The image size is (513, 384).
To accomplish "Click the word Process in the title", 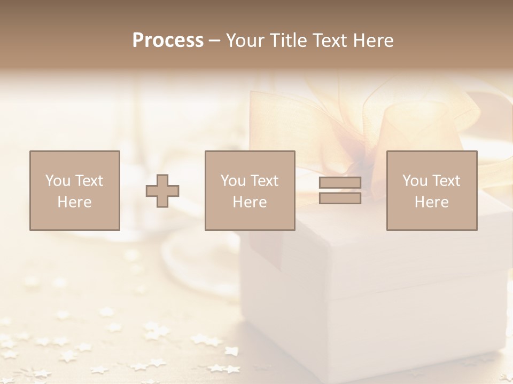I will pyautogui.click(x=168, y=40).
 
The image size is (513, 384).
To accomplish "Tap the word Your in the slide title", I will pyautogui.click(x=244, y=40).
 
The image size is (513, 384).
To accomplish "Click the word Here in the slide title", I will pyautogui.click(x=373, y=40).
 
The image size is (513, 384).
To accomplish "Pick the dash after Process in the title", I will pyautogui.click(x=214, y=41).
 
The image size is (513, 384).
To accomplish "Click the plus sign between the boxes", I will pyautogui.click(x=162, y=191).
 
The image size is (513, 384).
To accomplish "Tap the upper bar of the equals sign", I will pyautogui.click(x=340, y=183).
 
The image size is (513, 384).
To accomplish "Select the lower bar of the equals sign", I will pyautogui.click(x=340, y=198).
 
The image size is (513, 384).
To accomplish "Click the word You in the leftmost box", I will pyautogui.click(x=57, y=181).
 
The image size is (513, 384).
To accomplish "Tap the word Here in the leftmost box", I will pyautogui.click(x=74, y=202).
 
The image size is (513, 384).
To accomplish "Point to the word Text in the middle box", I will pyautogui.click(x=265, y=181).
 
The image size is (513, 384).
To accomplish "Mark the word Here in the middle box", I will pyautogui.click(x=250, y=202).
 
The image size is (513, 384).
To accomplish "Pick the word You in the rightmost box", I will pyautogui.click(x=415, y=181).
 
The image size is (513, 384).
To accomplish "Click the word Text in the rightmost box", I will pyautogui.click(x=447, y=181).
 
